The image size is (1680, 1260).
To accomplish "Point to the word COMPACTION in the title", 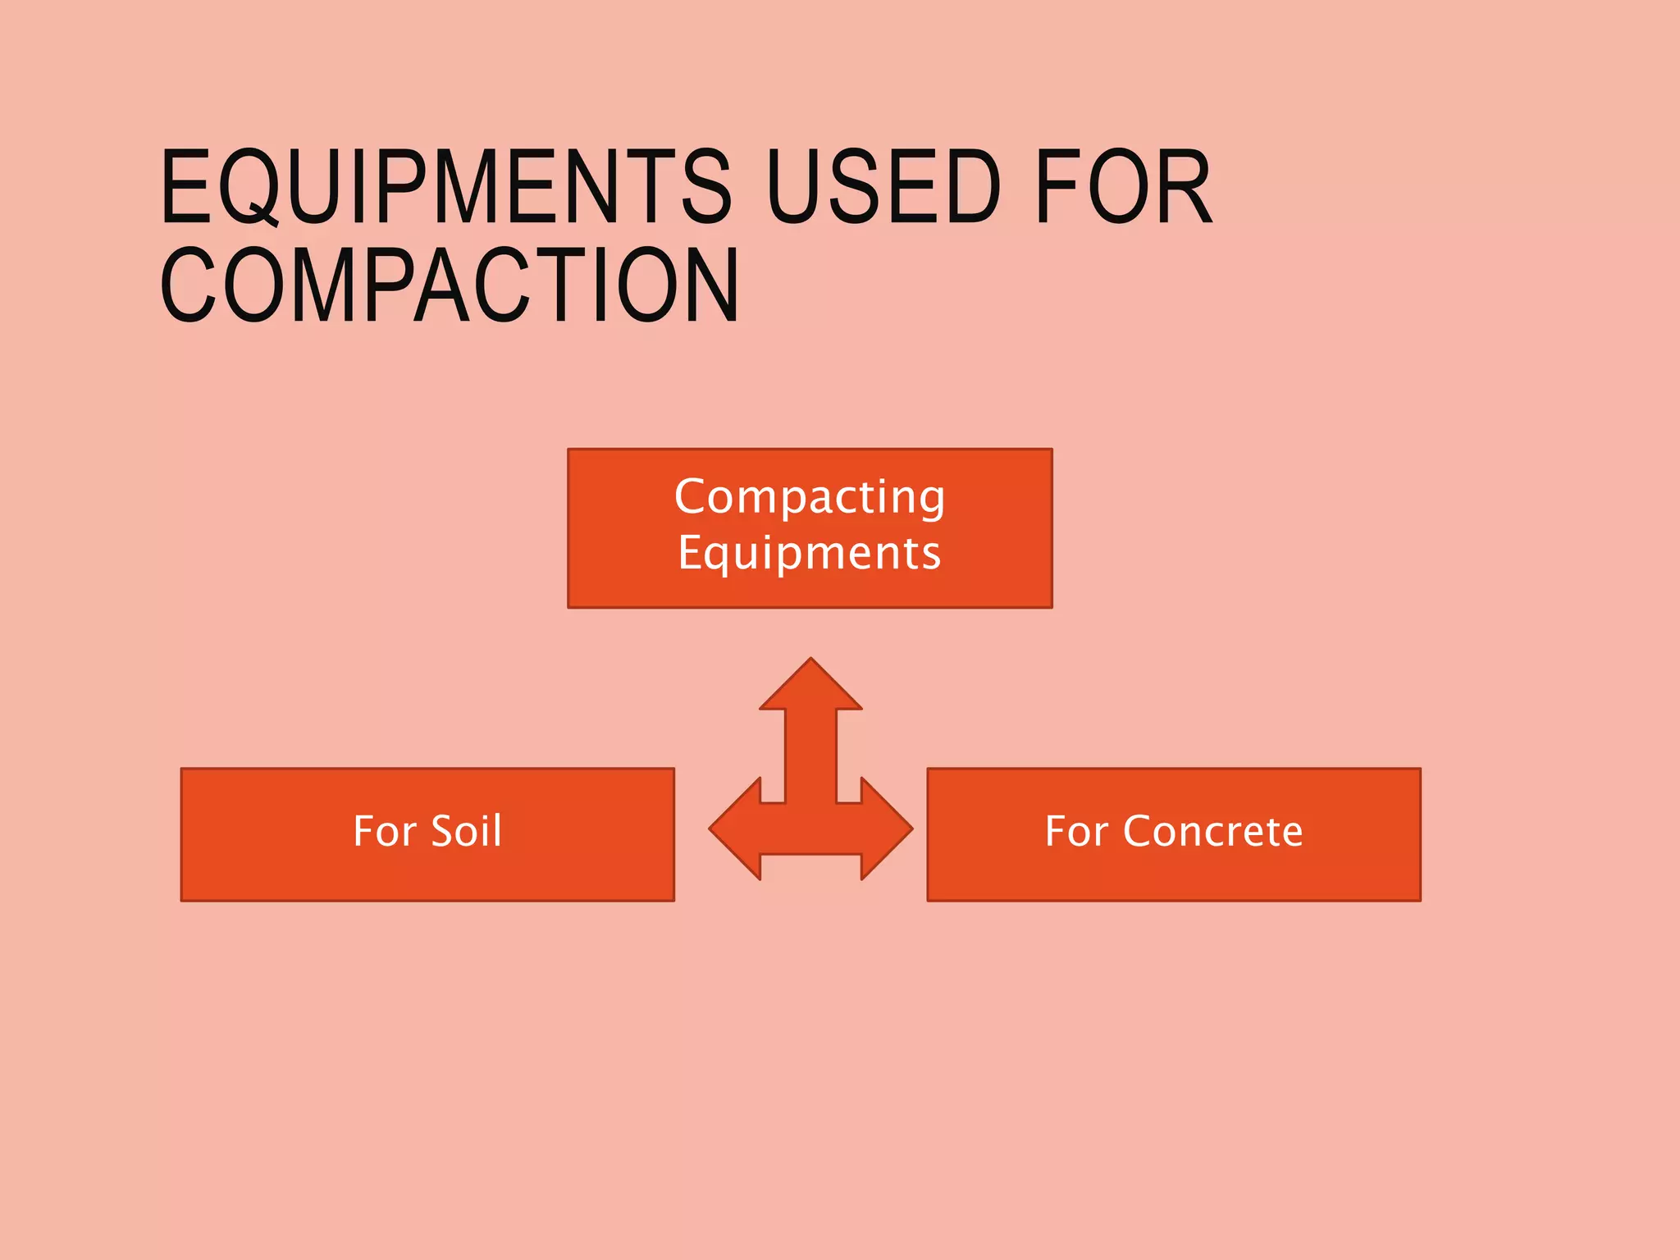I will click(450, 285).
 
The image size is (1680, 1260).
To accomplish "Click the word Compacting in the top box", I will click(810, 497).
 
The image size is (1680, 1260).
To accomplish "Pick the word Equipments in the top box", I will click(810, 553).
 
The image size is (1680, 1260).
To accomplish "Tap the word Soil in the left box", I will click(466, 831).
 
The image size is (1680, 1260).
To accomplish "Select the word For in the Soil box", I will click(384, 831).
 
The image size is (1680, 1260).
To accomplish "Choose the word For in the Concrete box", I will click(1075, 831).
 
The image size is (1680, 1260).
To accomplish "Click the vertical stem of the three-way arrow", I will click(811, 755).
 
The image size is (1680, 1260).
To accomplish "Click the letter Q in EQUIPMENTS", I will click(250, 189).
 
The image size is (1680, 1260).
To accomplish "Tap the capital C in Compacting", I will click(691, 497).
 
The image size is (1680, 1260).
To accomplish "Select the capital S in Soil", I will click(443, 831).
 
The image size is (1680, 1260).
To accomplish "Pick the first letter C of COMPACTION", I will click(188, 285).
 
